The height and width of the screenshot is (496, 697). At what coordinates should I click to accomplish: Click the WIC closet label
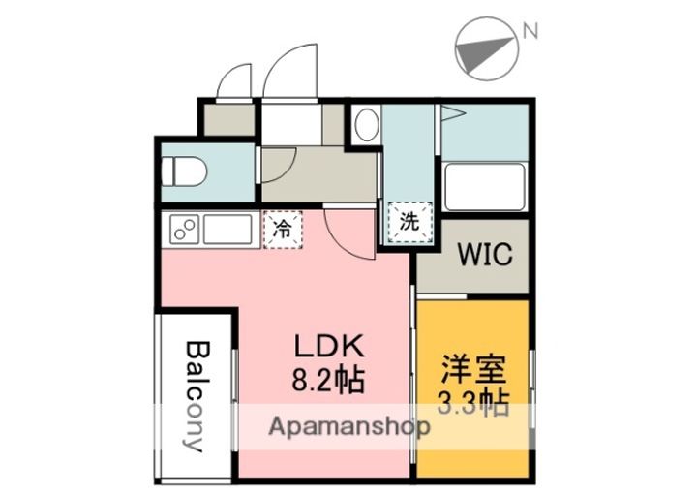(485, 255)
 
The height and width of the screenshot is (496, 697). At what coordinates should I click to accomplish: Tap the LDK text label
(330, 346)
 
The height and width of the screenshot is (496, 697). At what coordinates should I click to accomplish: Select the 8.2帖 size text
(328, 380)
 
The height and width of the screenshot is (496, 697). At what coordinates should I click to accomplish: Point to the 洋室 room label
(473, 369)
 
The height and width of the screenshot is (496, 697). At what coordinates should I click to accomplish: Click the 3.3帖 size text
(473, 402)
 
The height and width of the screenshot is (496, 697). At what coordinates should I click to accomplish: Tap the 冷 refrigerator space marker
(283, 230)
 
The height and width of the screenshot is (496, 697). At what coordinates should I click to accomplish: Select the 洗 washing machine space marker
(409, 223)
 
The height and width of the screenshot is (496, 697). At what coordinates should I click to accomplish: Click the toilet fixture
(184, 170)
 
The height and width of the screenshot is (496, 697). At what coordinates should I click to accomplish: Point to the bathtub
(485, 187)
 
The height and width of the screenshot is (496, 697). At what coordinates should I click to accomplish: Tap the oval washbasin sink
(367, 125)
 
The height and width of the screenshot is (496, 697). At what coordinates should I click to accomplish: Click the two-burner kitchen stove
(183, 229)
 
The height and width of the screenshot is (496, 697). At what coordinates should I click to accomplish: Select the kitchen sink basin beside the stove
(227, 229)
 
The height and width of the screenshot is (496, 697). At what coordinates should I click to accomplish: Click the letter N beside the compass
(530, 31)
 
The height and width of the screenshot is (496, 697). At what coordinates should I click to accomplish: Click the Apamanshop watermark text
(349, 427)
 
